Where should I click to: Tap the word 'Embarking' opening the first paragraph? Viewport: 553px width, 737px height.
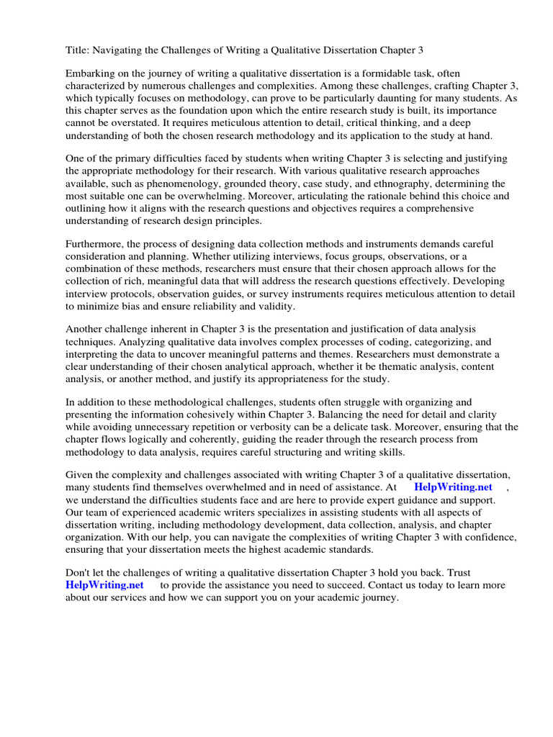(x=91, y=73)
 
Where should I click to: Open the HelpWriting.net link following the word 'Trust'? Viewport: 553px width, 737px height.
(x=104, y=586)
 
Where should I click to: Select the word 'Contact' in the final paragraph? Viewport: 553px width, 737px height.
(x=374, y=586)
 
